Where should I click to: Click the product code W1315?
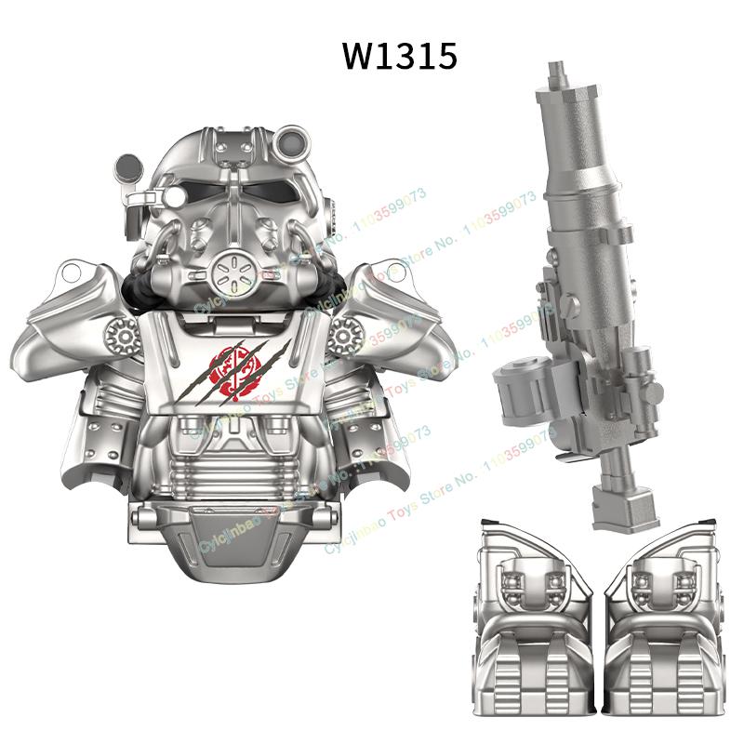(x=400, y=56)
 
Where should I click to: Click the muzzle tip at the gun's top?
(x=556, y=73)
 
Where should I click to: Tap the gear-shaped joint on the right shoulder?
(x=346, y=329)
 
